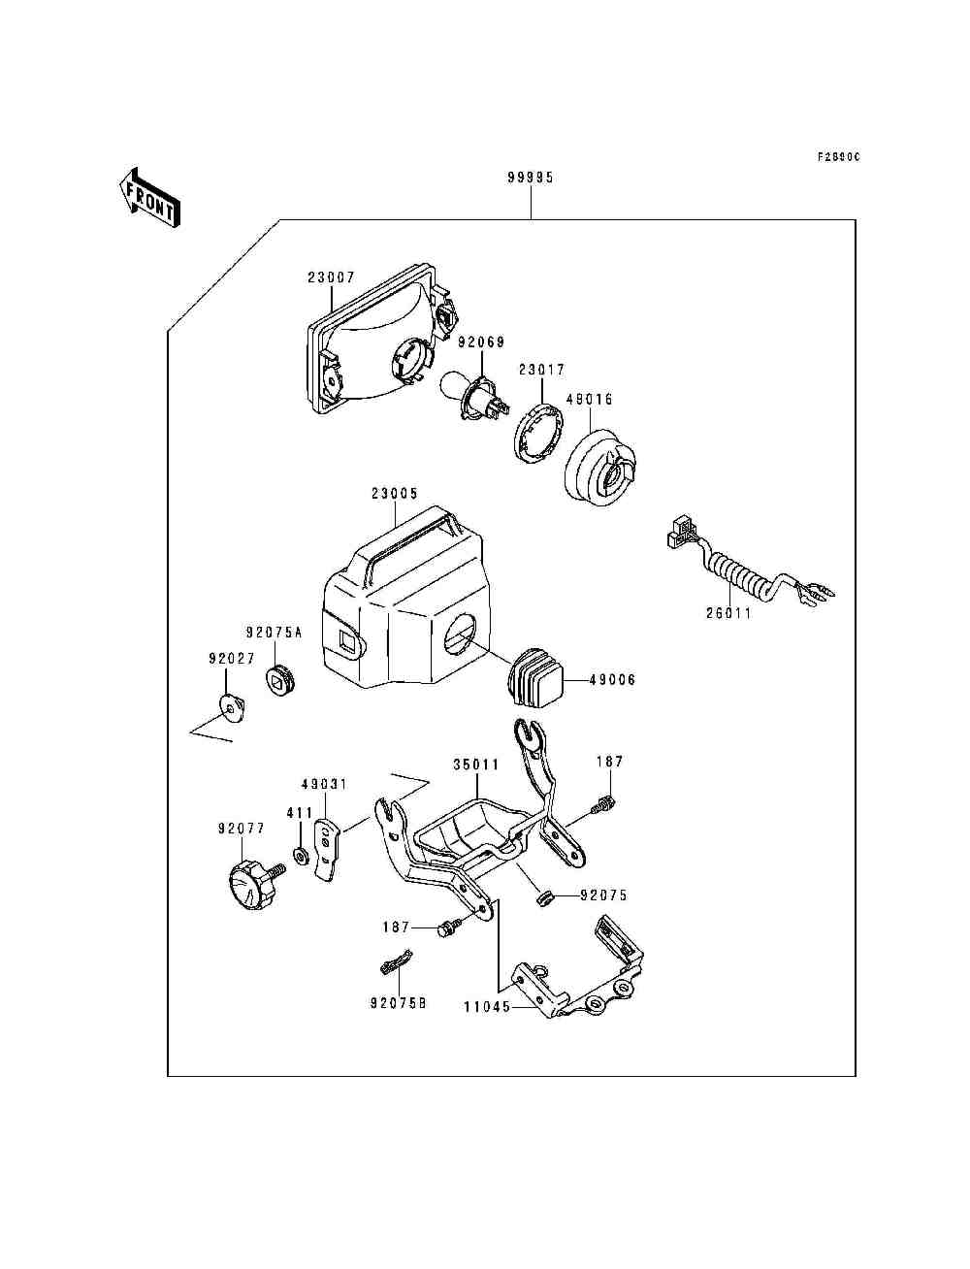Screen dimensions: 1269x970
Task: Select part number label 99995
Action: tap(530, 179)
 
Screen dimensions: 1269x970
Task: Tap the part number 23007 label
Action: tap(332, 277)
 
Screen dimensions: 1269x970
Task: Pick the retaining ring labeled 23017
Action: tap(536, 432)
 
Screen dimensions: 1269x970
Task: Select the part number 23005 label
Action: tap(394, 494)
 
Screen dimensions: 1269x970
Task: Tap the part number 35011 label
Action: tap(476, 765)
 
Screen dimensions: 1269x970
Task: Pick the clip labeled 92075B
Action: tap(397, 966)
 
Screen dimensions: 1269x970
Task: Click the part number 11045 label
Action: tap(487, 1007)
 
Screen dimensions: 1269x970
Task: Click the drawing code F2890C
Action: tap(837, 156)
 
